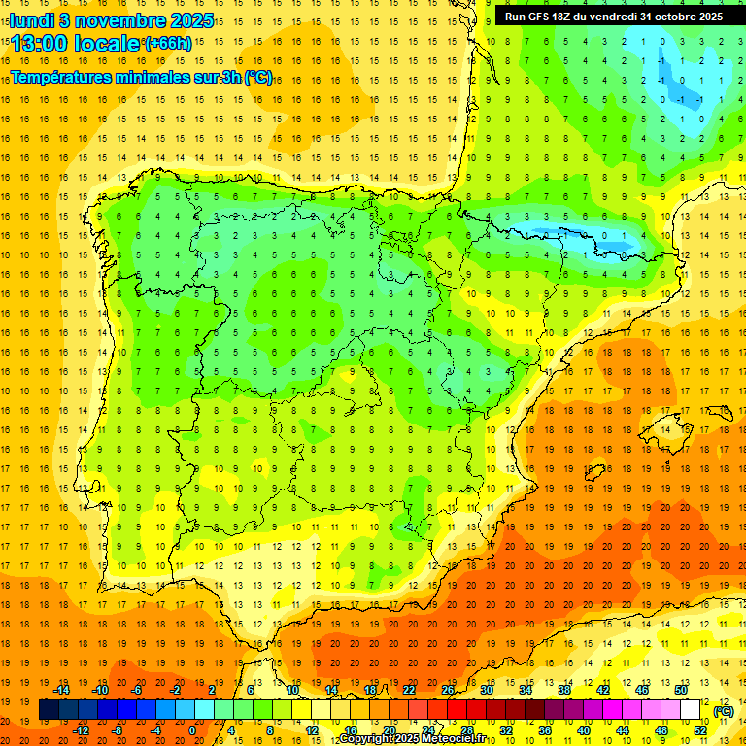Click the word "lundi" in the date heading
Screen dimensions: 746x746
(31, 20)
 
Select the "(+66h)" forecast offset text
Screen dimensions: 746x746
(168, 44)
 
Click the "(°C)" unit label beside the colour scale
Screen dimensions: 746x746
(723, 711)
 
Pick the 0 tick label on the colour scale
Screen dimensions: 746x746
(192, 730)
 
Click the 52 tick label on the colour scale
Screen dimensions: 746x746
(700, 730)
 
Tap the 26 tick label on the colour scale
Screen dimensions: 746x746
(448, 690)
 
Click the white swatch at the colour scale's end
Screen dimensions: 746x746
(691, 710)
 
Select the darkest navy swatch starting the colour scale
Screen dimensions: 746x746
(49, 710)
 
